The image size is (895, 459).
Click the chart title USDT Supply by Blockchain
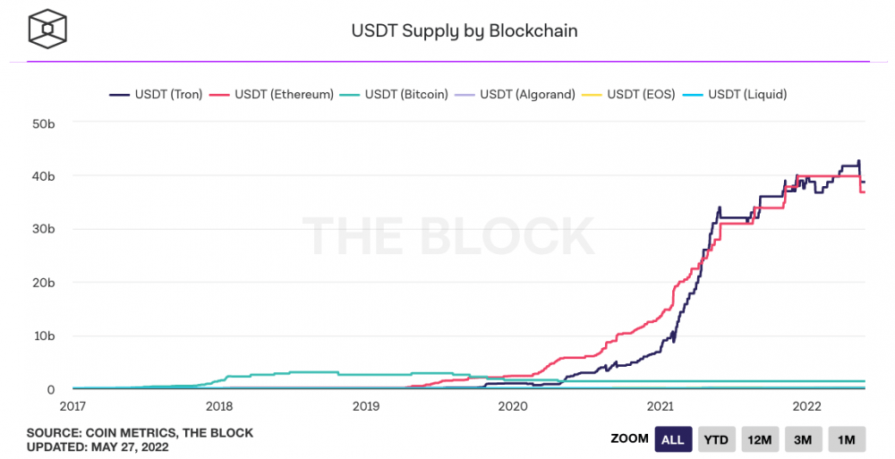464,30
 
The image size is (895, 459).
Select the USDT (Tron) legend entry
157,93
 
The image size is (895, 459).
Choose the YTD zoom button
717,439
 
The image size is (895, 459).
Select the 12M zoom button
760,439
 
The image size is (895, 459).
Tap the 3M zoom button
803,439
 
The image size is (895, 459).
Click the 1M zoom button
846,439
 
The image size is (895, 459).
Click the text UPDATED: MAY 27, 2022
97,447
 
